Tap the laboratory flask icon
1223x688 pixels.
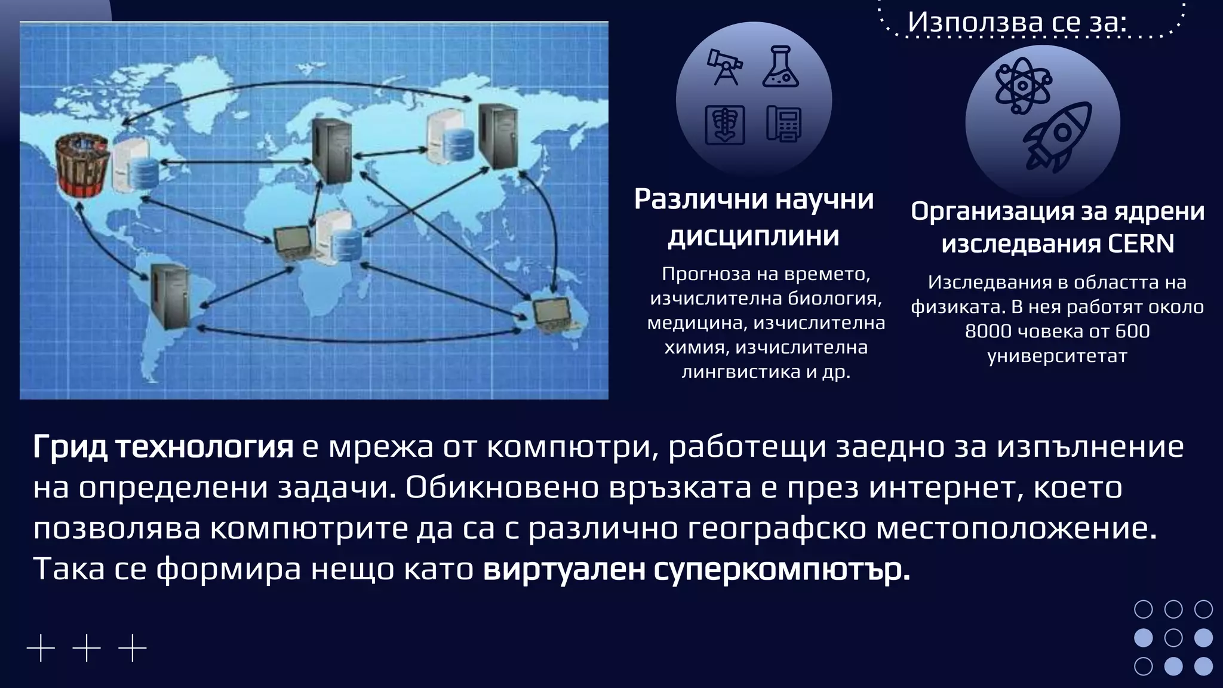780,67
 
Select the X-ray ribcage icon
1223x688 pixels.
724,124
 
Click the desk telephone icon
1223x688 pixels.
783,124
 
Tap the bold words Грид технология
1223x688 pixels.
163,447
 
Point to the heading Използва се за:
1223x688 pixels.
1017,22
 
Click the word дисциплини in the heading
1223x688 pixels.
753,236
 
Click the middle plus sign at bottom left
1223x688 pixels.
87,648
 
